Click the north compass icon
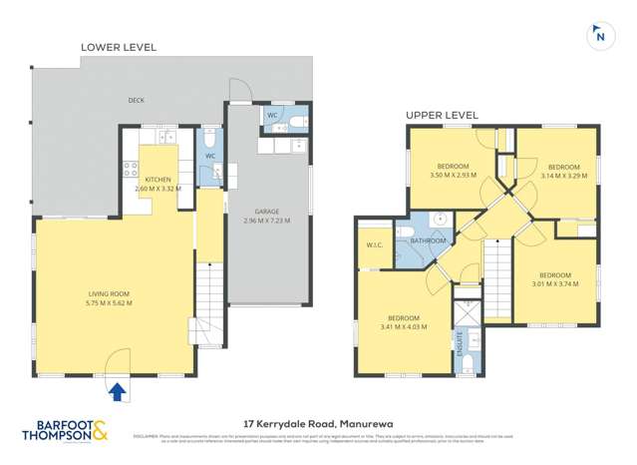tap(599, 35)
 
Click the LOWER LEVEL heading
tap(119, 47)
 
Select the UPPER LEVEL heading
tap(441, 116)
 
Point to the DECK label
tap(136, 100)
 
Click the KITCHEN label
tap(158, 179)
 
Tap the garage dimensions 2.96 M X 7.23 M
tap(267, 221)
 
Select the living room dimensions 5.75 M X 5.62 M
tap(110, 302)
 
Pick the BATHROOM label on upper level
tap(428, 240)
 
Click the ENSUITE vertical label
tap(461, 344)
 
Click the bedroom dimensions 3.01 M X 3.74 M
tap(555, 282)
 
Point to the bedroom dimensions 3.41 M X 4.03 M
tap(404, 325)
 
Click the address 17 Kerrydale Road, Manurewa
tap(317, 423)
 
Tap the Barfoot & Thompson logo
tap(68, 431)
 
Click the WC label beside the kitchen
tap(210, 157)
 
